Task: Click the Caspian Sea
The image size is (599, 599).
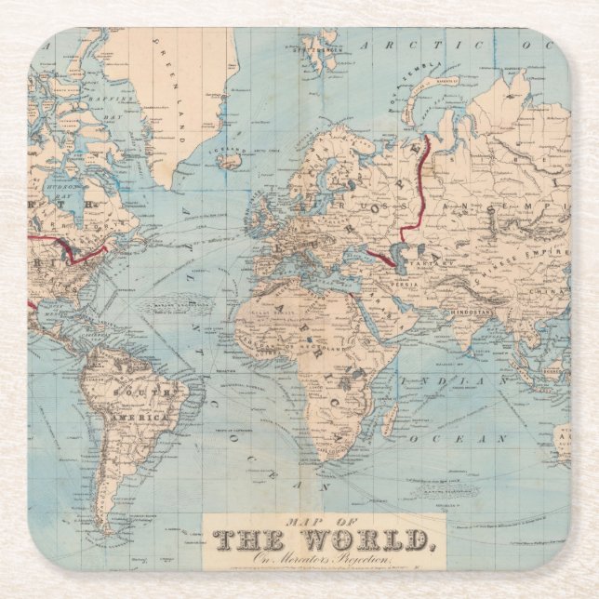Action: (x=400, y=256)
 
